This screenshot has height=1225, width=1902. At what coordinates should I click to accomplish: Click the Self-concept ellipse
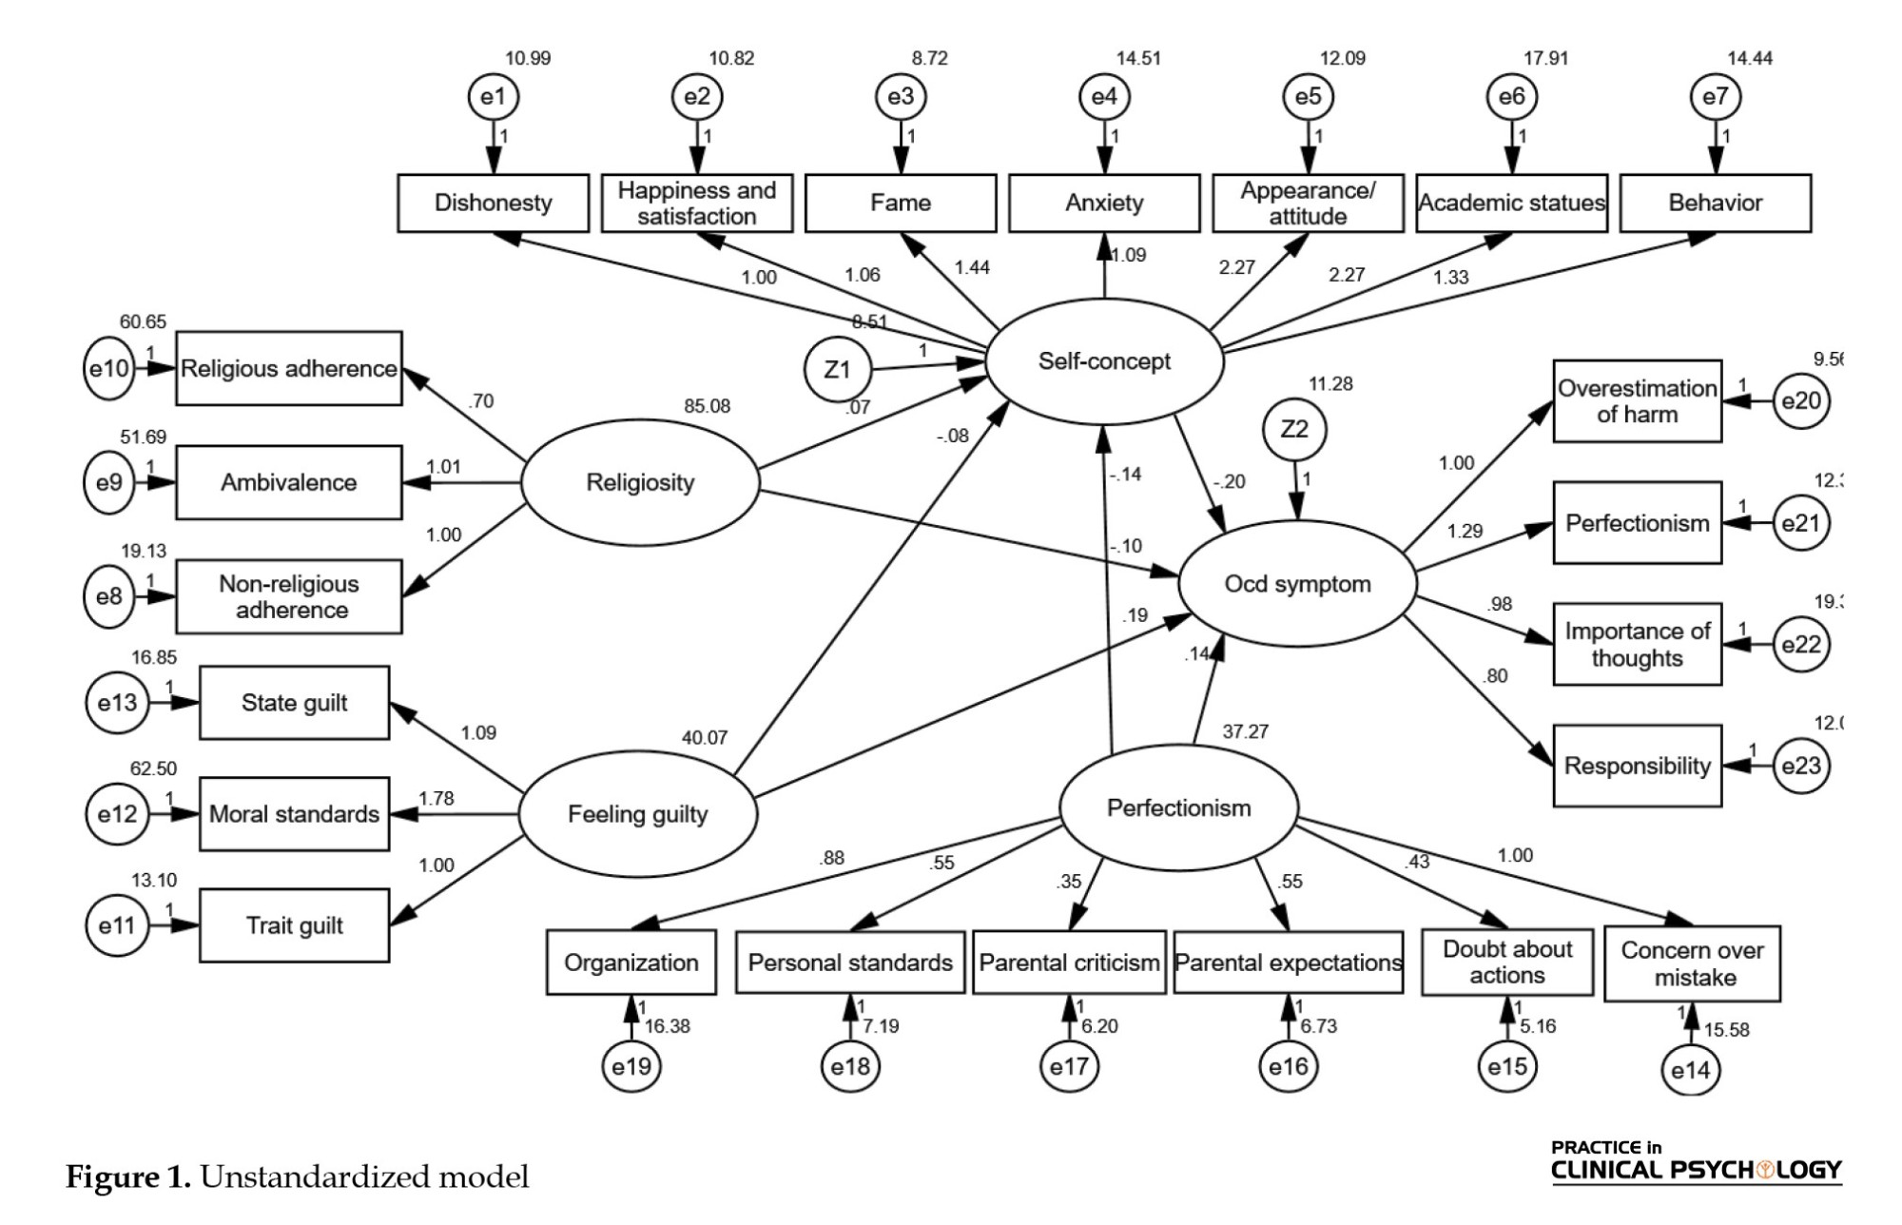1104,361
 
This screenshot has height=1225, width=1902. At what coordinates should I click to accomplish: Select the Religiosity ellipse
640,482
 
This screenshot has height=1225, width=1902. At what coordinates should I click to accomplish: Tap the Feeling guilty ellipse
637,814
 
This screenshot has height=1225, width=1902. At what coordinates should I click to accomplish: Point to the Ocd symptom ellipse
1297,584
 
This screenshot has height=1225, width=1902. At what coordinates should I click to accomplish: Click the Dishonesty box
493,203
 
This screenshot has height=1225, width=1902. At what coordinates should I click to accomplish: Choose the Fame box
901,203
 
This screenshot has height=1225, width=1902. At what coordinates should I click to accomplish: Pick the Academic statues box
1511,203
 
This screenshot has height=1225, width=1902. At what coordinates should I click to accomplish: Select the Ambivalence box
288,482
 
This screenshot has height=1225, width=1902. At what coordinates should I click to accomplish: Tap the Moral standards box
294,814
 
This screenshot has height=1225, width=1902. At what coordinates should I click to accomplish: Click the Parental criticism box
1069,962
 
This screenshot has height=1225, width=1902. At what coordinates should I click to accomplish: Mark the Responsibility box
1637,766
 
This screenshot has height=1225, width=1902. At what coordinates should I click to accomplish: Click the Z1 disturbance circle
836,369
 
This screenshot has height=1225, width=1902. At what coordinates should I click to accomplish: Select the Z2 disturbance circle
1294,429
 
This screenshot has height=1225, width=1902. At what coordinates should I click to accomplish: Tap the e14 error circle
1690,1071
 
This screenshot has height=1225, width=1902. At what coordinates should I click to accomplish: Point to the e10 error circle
109,368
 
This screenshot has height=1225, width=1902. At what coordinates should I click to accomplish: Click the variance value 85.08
707,406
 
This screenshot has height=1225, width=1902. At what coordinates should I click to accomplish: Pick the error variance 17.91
1545,58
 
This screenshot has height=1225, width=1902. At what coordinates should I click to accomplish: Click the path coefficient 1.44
972,267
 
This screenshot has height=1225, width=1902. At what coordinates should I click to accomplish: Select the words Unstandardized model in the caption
364,1177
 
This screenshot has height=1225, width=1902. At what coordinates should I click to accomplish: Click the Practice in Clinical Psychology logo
1696,1161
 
